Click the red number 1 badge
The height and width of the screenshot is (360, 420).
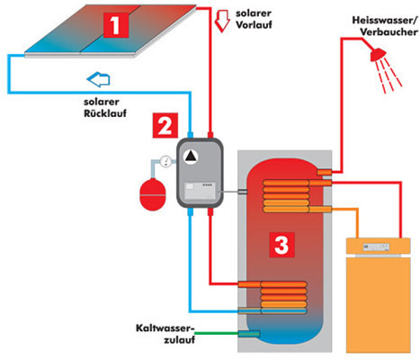[116, 25]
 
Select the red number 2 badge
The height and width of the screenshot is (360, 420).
[165, 125]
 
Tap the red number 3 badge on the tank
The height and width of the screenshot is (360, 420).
[281, 245]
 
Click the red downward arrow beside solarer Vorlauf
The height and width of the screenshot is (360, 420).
[222, 21]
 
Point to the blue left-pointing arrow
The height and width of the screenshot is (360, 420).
[98, 79]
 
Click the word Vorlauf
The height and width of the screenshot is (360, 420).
[254, 25]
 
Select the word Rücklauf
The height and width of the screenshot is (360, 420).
[105, 113]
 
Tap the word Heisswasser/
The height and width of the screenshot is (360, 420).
[385, 21]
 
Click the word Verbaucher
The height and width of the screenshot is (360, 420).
[389, 31]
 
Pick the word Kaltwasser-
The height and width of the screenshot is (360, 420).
[165, 328]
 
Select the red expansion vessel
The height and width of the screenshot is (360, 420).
[153, 194]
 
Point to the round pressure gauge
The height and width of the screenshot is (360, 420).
[165, 162]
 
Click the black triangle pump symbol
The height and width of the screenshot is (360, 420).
[191, 157]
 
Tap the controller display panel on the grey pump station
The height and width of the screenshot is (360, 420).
[200, 191]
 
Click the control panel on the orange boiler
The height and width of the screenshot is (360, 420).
[376, 247]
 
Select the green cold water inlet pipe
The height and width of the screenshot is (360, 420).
[217, 333]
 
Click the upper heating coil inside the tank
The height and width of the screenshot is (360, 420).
[286, 196]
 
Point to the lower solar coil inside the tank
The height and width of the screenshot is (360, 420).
[283, 298]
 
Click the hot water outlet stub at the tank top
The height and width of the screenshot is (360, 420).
[325, 172]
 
